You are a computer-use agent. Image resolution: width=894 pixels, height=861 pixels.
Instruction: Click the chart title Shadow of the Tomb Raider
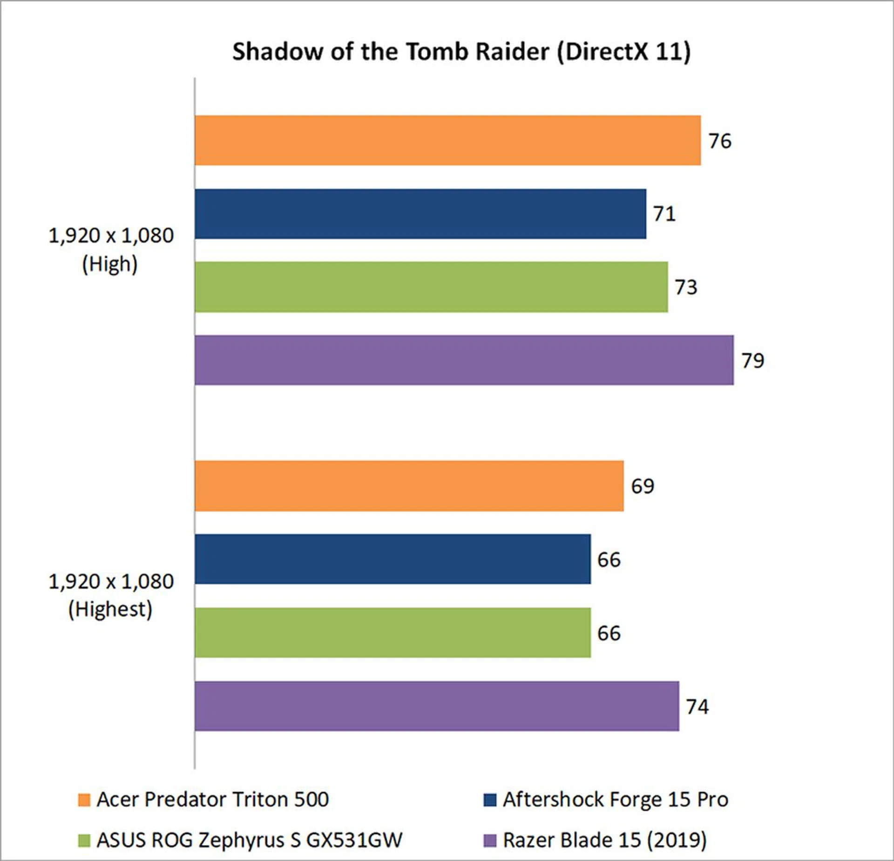click(461, 51)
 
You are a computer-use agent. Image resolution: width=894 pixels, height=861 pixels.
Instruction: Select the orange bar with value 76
click(447, 140)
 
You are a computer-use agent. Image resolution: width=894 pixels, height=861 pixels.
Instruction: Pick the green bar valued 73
click(431, 287)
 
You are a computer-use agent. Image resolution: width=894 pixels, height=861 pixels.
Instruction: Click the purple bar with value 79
click(464, 360)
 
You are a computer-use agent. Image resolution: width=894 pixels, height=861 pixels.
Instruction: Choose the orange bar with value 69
click(409, 486)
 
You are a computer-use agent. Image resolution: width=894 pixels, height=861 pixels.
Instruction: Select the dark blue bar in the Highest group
click(393, 559)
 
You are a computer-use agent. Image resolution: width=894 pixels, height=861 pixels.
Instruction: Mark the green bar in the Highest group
click(393, 632)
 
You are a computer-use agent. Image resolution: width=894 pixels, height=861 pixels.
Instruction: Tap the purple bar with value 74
click(436, 706)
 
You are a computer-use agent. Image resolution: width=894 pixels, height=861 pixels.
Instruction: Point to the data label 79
click(752, 361)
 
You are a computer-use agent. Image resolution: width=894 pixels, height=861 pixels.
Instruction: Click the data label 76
click(720, 141)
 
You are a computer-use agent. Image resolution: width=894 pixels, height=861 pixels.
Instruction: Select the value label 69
click(643, 486)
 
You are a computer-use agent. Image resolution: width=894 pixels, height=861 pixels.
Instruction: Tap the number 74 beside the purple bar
click(697, 706)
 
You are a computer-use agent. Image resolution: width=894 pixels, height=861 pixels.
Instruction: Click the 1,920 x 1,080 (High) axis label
click(111, 249)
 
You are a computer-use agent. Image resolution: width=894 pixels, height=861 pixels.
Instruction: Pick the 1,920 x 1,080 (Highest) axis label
click(111, 595)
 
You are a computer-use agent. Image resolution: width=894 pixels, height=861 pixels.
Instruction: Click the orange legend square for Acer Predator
click(84, 800)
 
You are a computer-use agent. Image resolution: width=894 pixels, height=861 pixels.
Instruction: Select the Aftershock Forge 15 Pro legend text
click(615, 800)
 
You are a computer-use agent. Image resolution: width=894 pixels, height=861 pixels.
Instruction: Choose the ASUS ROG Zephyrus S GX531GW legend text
click(249, 840)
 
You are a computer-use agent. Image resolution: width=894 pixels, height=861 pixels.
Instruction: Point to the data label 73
click(686, 287)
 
